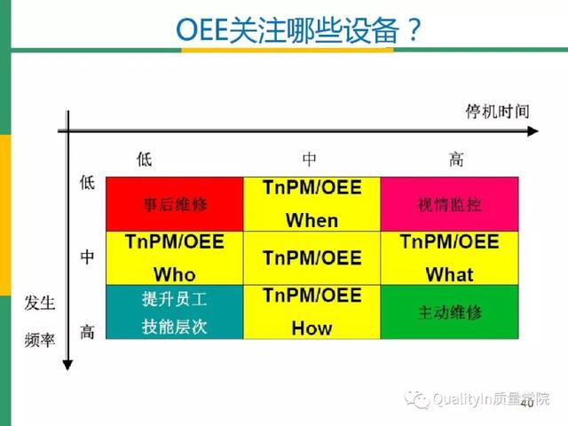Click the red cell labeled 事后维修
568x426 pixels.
point(174,204)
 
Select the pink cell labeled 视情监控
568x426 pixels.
point(449,204)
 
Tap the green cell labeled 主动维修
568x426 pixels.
point(449,312)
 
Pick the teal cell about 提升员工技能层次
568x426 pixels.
point(174,312)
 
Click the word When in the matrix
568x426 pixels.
point(312,220)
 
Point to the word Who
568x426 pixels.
point(175,274)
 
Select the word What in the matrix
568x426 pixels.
point(450,274)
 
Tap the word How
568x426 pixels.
point(312,328)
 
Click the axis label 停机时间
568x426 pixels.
point(497,112)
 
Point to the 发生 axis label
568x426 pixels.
point(40,303)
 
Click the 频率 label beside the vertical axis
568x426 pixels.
point(40,340)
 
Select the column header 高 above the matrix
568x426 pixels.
point(456,159)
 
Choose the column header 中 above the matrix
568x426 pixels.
point(309,159)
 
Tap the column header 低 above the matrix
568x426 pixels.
point(144,159)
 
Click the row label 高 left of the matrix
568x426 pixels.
point(87,331)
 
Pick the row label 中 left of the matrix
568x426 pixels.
point(87,256)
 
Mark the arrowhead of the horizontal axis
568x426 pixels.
point(532,131)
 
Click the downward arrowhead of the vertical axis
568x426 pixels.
point(67,365)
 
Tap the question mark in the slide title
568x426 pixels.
point(414,30)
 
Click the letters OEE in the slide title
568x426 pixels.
point(201,30)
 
